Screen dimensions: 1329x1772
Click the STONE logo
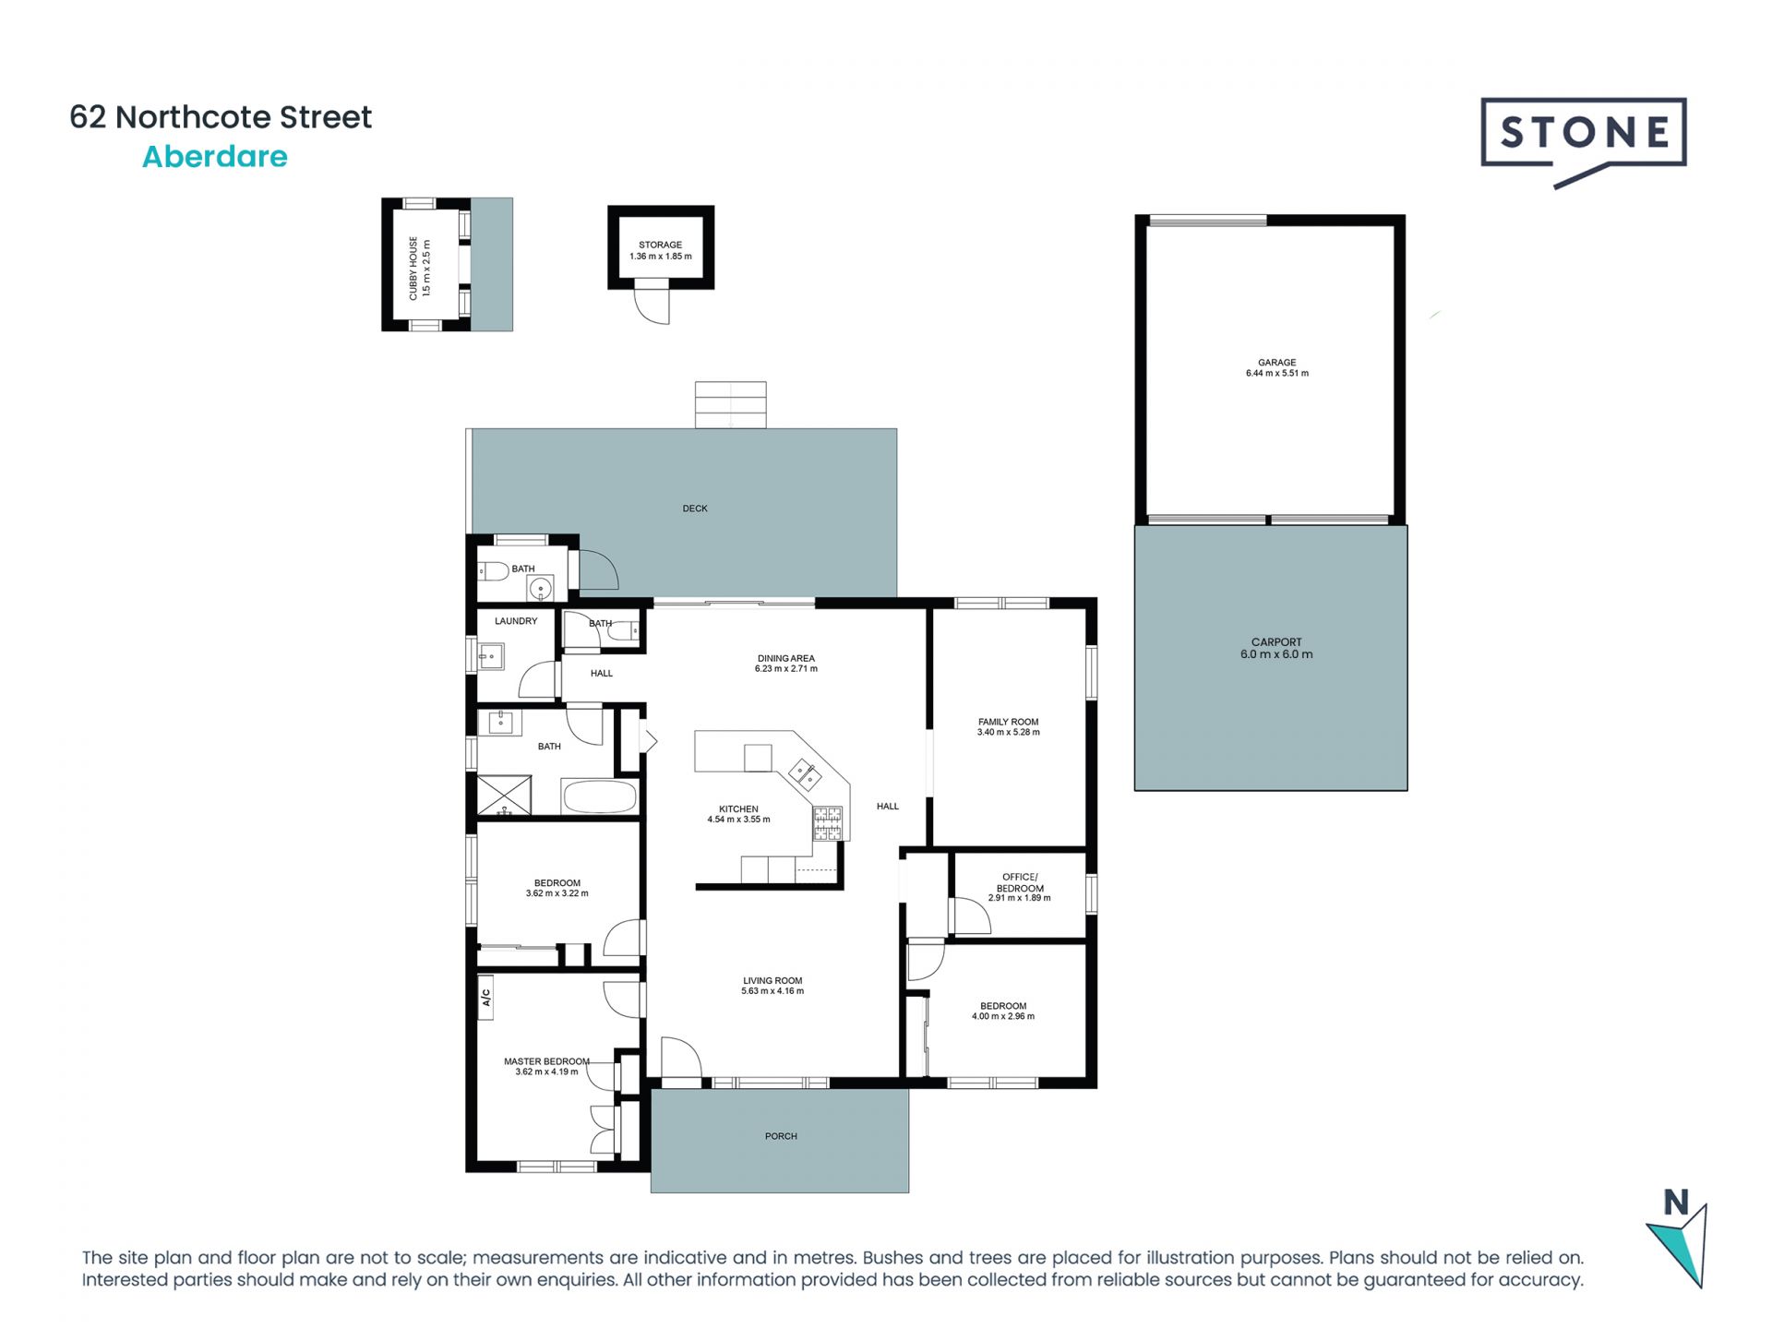click(x=1583, y=134)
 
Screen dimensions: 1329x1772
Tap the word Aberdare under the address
click(x=214, y=157)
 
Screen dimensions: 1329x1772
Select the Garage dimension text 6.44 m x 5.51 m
click(x=1276, y=374)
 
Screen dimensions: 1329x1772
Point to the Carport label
click(x=1276, y=641)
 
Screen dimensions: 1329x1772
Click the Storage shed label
click(x=660, y=245)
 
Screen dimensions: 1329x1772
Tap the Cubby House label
click(x=413, y=268)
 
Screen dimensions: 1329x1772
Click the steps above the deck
click(x=730, y=404)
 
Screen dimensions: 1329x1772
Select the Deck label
click(x=695, y=509)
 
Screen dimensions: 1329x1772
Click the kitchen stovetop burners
click(x=827, y=823)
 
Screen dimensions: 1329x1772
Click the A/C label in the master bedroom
click(x=485, y=998)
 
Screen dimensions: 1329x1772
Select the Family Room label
click(x=1008, y=722)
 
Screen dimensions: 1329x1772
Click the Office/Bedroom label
click(x=1020, y=882)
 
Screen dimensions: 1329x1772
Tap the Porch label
click(x=781, y=1136)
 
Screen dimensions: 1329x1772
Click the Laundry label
click(x=515, y=621)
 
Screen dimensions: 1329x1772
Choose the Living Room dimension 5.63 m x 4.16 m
click(x=772, y=991)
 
